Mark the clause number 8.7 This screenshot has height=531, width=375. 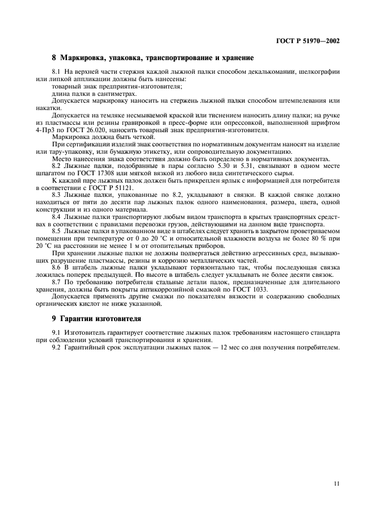click(57, 282)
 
